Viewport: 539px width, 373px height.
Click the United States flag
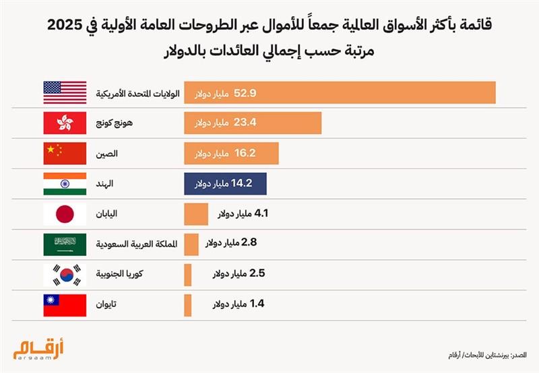point(65,92)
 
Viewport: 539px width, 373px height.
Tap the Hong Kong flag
point(65,123)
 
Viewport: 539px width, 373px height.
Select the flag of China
point(65,154)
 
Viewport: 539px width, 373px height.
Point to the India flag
point(65,184)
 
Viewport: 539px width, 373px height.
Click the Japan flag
point(65,214)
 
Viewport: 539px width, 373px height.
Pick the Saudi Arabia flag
point(65,244)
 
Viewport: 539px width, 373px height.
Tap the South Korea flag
point(65,275)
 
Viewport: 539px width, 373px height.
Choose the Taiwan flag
point(65,305)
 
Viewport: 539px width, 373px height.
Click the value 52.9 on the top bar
point(246,92)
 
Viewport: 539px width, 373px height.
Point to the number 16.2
point(245,154)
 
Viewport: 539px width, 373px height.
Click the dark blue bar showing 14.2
point(226,184)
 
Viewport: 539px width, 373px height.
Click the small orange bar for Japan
point(195,214)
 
